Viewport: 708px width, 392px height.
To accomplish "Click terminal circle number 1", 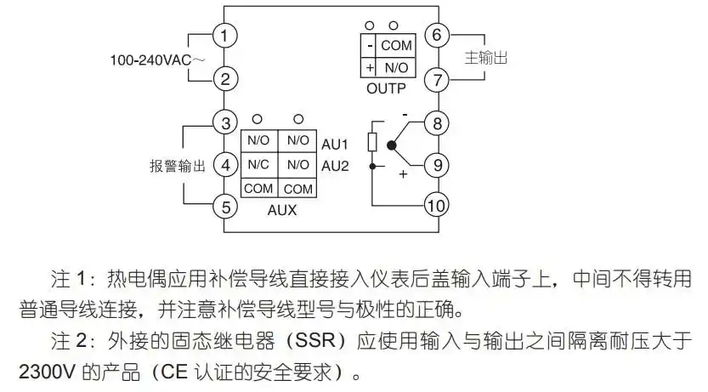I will coord(224,37).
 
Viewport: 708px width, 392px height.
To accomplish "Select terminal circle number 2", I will coord(224,80).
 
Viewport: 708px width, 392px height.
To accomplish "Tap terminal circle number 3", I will coord(224,123).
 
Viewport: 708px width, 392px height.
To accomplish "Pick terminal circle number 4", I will coord(224,165).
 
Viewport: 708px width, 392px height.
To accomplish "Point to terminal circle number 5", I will coord(224,207).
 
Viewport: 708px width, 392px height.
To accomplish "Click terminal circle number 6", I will coord(436,36).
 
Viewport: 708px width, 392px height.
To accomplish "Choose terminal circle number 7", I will coord(436,81).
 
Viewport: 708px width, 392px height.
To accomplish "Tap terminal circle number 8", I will coord(436,123).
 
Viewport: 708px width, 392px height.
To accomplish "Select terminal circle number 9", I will coord(436,165).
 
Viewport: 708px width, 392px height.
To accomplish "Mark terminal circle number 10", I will coord(436,207).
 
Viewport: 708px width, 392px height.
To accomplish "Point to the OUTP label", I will coord(386,88).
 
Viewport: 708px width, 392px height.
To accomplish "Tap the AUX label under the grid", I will coord(281,209).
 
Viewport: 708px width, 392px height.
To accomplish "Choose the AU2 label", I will coord(335,165).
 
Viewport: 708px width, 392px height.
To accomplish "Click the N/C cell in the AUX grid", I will coord(258,165).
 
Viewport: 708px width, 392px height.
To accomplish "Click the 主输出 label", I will coord(486,58).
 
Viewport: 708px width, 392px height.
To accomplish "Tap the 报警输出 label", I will coord(178,166).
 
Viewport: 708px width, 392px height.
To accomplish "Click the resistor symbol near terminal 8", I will coord(372,141).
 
